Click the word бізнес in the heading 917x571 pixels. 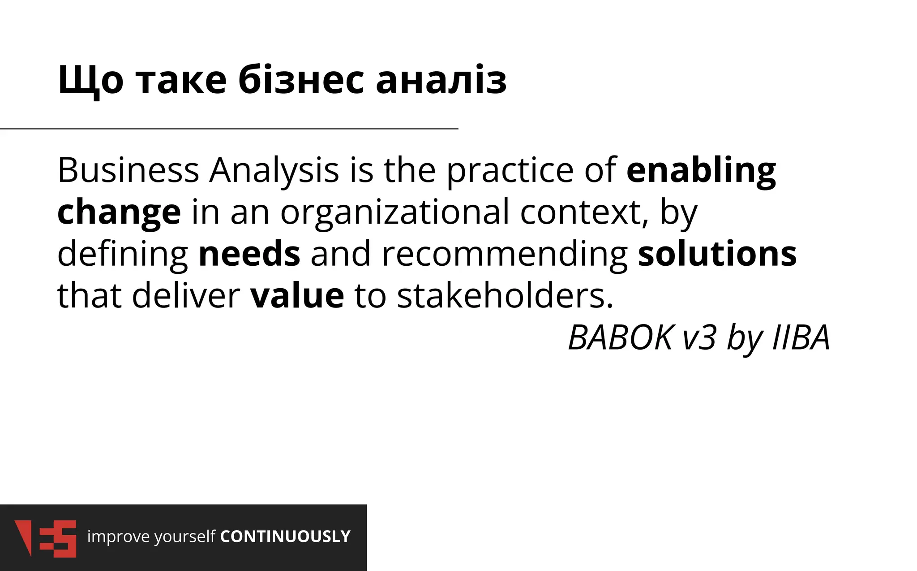click(x=301, y=81)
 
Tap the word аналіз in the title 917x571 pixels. click(x=441, y=81)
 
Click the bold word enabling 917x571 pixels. click(x=701, y=171)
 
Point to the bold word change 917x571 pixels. click(x=119, y=212)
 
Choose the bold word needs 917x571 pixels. click(x=249, y=254)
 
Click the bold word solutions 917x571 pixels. click(x=717, y=254)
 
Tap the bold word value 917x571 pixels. click(x=297, y=296)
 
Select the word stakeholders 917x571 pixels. click(x=505, y=296)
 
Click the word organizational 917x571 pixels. click(x=394, y=212)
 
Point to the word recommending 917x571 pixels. click(x=505, y=254)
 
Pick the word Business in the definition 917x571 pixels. click(x=128, y=170)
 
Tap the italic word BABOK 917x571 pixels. click(x=620, y=337)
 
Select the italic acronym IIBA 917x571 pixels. click(x=801, y=337)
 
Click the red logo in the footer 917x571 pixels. click(x=45, y=538)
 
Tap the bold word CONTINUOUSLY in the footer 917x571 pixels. click(x=285, y=536)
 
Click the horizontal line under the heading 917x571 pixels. click(x=229, y=129)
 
